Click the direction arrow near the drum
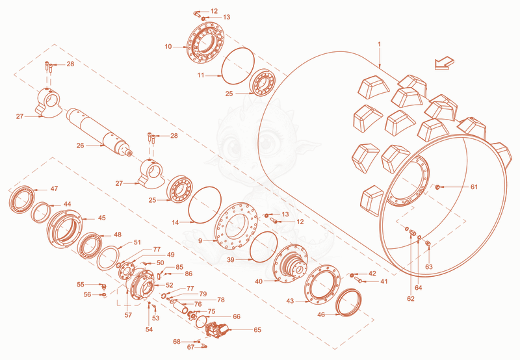pyautogui.click(x=444, y=63)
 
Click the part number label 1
pyautogui.click(x=380, y=44)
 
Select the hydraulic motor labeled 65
pyautogui.click(x=217, y=329)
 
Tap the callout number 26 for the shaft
pyautogui.click(x=80, y=146)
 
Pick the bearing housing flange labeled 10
pyautogui.click(x=205, y=42)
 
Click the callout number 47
pyautogui.click(x=54, y=188)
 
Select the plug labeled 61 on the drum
pyautogui.click(x=437, y=188)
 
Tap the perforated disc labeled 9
pyautogui.click(x=237, y=226)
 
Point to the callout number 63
pyautogui.click(x=429, y=266)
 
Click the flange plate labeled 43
pyautogui.click(x=322, y=285)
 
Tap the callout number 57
pyautogui.click(x=128, y=315)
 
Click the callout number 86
pyautogui.click(x=188, y=274)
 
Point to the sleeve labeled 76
pyautogui.click(x=181, y=305)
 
